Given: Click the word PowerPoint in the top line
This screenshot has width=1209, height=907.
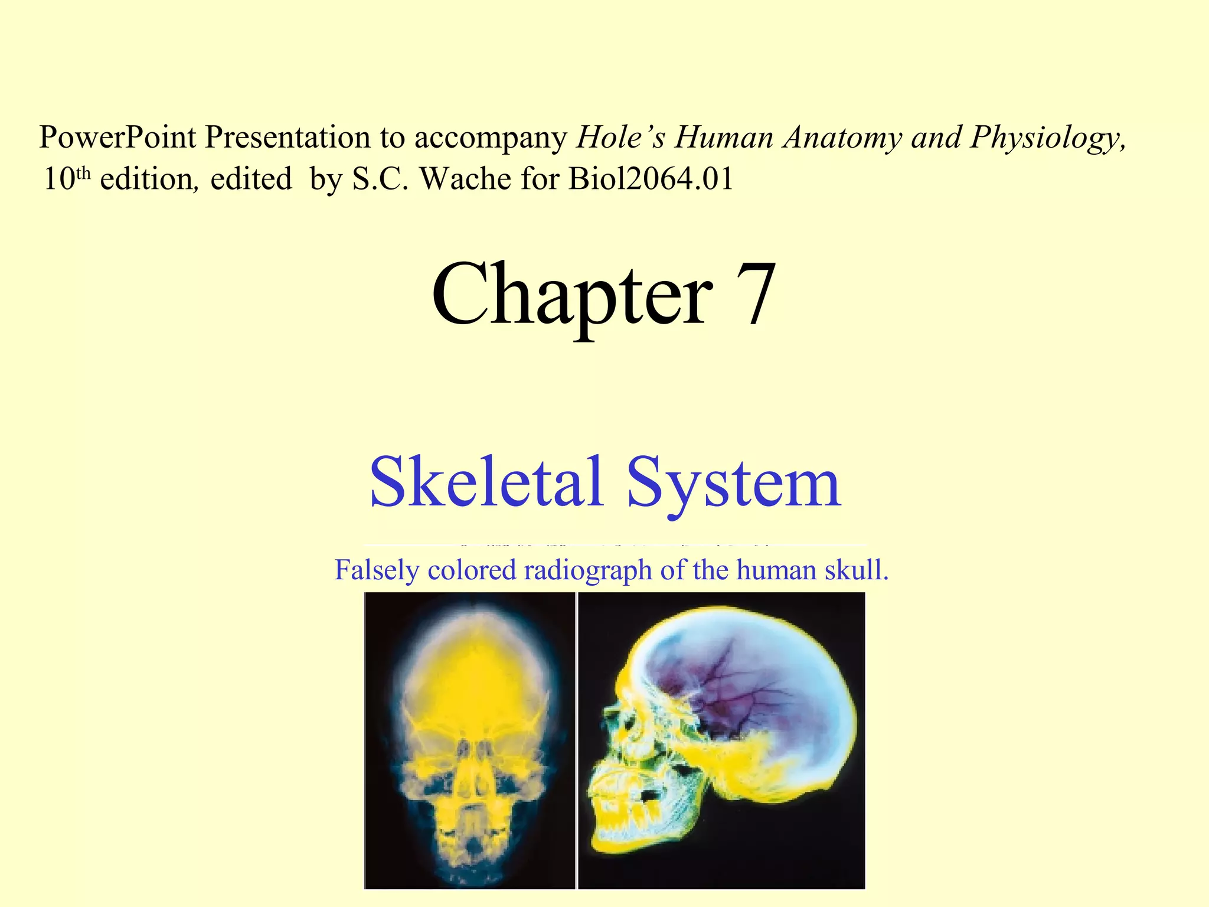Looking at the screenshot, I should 117,138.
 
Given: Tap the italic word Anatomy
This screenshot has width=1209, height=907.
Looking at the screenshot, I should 843,138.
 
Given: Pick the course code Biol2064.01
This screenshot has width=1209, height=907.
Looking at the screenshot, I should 651,178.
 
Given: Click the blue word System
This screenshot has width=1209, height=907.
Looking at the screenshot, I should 733,483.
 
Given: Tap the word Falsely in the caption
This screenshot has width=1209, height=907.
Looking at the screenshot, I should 376,570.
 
